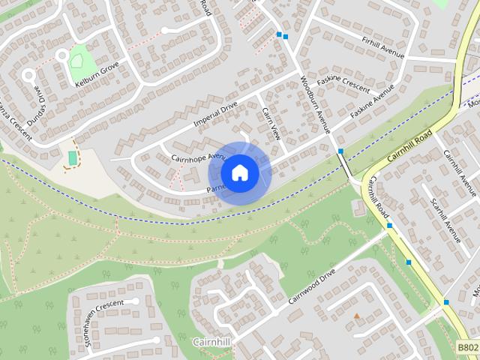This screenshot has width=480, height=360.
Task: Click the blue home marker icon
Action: coord(239,173)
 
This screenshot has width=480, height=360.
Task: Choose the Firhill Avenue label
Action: coord(382,46)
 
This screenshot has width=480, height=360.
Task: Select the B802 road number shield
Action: coord(468,347)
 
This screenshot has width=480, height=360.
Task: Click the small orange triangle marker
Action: coord(356,316)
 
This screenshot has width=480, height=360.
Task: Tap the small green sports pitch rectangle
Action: coord(73,158)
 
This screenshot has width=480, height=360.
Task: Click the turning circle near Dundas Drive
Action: coord(28,75)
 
